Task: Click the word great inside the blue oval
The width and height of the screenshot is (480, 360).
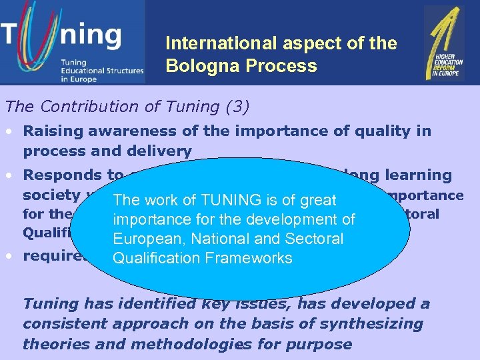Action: [318, 200]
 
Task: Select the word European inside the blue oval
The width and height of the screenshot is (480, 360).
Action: [146, 239]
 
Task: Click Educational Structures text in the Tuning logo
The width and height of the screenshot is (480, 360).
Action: [101, 70]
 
